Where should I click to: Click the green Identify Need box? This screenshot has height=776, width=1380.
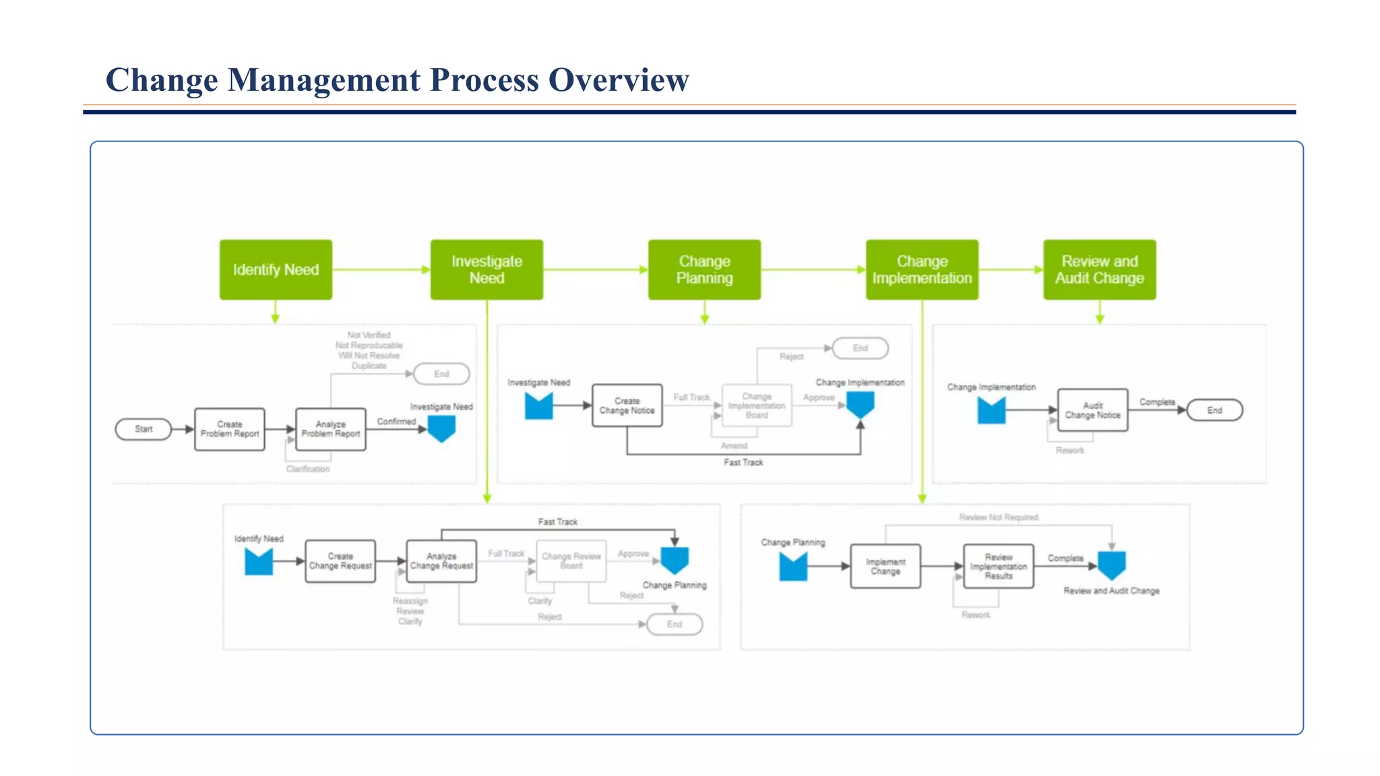coord(276,269)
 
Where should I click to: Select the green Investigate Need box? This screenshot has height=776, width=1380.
coord(487,269)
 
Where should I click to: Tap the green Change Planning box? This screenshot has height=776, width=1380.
coord(704,269)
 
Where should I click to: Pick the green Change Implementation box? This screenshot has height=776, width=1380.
coord(922,269)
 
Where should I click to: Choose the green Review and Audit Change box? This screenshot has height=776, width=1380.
coord(1099,269)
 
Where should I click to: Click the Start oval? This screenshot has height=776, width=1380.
coord(144,429)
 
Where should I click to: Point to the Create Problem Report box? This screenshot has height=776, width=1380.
coord(230,429)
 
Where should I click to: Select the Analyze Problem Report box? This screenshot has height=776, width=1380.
coord(331,429)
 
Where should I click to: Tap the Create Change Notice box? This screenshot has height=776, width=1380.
coord(627,406)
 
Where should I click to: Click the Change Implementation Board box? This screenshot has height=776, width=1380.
coord(757,406)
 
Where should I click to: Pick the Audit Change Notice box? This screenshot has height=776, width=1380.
coord(1092,410)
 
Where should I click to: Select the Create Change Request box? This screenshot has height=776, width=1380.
coord(340,561)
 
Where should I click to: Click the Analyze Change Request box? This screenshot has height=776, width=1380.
coord(441,561)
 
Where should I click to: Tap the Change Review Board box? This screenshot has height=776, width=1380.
coord(571,561)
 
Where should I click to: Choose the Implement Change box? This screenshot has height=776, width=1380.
coord(885,567)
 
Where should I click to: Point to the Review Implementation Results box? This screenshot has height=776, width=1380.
coord(999,567)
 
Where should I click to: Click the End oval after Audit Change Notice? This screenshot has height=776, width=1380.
coord(1214,410)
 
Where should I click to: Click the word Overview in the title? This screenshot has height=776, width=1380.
coord(619,80)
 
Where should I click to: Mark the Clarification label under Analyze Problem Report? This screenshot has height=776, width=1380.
coord(308,469)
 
